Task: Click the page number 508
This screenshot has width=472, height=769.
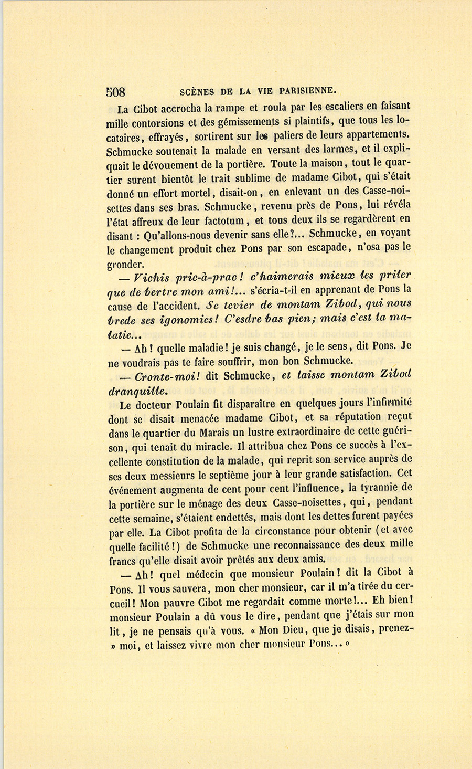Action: click(115, 92)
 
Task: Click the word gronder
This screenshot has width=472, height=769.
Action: click(123, 264)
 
